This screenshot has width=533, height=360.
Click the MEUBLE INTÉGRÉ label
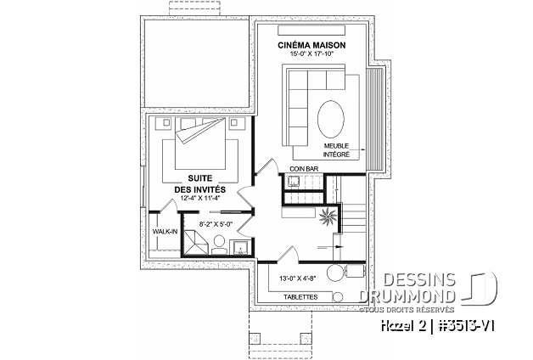pos(336,149)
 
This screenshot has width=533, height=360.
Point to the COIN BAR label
pos(302,169)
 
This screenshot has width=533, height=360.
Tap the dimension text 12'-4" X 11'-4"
pos(200,198)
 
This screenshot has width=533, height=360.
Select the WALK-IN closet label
pos(164,230)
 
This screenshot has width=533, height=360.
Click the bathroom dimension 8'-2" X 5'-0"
pos(215,224)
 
